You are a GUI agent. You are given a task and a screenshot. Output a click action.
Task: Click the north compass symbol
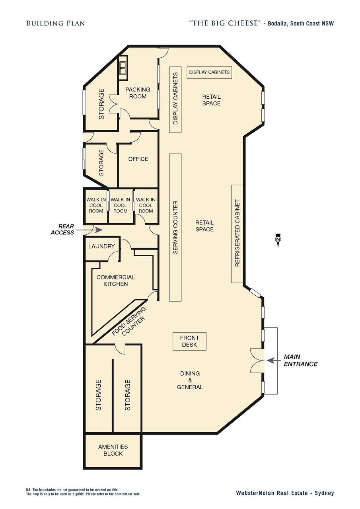(278, 240)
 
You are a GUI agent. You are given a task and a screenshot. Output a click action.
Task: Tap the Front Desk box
(189, 341)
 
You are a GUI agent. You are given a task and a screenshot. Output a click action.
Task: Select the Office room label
(138, 159)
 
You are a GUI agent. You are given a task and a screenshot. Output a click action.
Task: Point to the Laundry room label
(101, 246)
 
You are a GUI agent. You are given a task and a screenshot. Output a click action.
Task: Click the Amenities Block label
(113, 450)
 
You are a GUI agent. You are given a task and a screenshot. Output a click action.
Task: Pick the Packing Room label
(138, 93)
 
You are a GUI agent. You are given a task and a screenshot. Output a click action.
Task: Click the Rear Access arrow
(89, 230)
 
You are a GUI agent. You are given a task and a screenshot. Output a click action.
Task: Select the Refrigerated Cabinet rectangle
(237, 234)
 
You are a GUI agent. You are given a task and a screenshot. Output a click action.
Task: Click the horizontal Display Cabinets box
(209, 72)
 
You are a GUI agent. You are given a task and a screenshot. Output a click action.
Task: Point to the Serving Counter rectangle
(175, 228)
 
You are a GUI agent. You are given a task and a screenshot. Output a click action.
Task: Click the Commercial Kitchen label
(116, 281)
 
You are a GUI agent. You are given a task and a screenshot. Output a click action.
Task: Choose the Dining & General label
(190, 380)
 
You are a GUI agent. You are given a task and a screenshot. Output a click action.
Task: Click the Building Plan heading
(56, 23)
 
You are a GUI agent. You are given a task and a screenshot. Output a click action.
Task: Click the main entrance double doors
(257, 361)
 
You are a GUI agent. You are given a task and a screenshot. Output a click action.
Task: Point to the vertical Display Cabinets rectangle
(175, 99)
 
